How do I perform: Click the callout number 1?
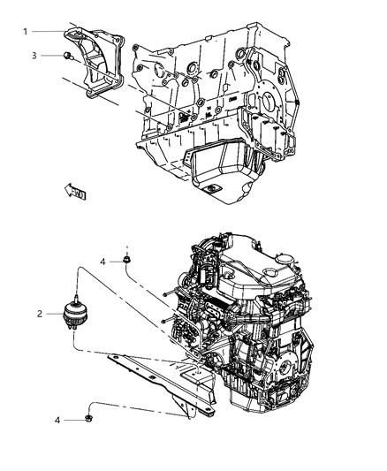pyautogui.click(x=26, y=32)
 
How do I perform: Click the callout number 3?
pyautogui.click(x=34, y=56)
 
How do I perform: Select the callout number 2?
pyautogui.click(x=39, y=313)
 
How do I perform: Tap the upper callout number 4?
pyautogui.click(x=102, y=262)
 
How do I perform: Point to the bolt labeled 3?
pyautogui.click(x=67, y=56)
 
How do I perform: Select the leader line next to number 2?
pyautogui.click(x=53, y=314)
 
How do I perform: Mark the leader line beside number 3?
pyautogui.click(x=50, y=56)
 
